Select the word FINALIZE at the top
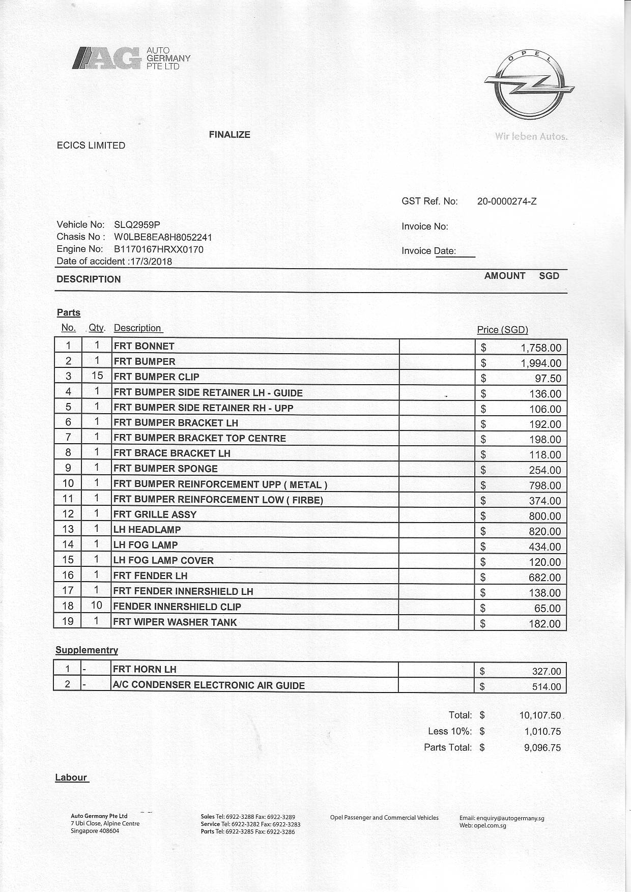tap(230, 135)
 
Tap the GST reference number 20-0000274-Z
tap(507, 201)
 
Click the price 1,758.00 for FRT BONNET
tap(541, 348)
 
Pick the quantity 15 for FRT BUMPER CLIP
tap(97, 376)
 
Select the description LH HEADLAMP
tap(148, 530)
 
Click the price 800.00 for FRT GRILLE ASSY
tap(544, 516)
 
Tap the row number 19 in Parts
tap(68, 621)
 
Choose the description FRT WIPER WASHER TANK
tap(175, 622)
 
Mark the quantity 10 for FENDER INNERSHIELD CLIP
tap(97, 606)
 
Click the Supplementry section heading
tap(87, 650)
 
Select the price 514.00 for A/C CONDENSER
tap(547, 686)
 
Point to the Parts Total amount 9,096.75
tap(542, 747)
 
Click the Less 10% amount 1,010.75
tap(542, 731)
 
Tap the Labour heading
tap(71, 777)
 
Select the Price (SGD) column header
tap(502, 330)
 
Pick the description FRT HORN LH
tap(145, 669)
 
